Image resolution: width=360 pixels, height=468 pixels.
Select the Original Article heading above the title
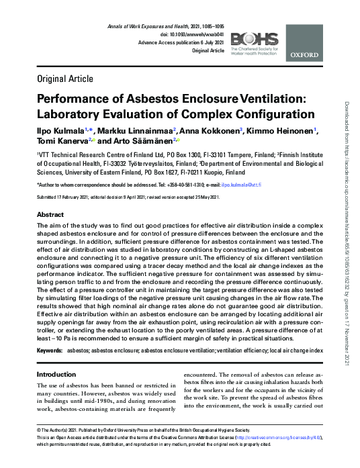[64, 80]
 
